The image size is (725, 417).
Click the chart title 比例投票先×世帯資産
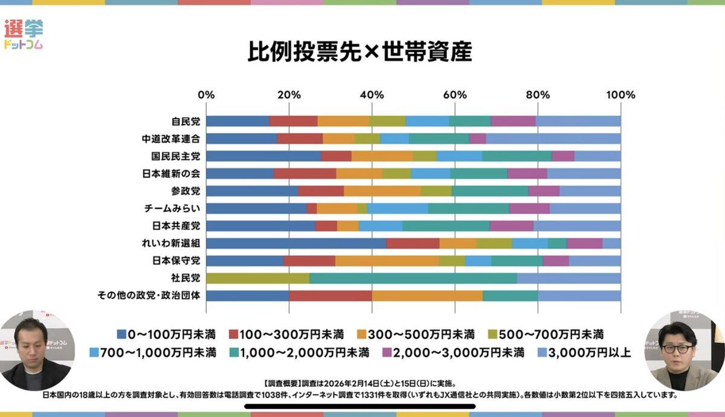359,52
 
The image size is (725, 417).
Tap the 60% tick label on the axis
454,95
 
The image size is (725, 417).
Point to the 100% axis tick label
620,95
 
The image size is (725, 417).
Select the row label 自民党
185,121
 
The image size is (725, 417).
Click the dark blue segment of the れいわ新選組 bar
296,244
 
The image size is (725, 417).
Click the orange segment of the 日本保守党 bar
387,261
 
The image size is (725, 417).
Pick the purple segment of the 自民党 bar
514,121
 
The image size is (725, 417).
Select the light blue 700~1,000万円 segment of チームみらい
398,208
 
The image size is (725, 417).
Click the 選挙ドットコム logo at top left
24,34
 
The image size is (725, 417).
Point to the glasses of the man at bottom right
675,349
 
